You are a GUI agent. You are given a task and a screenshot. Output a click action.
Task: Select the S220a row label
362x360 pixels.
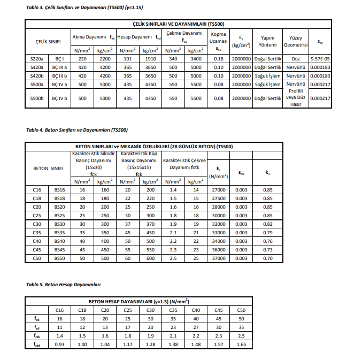[36, 58]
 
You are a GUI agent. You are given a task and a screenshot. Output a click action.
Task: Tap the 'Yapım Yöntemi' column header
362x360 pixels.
[268, 41]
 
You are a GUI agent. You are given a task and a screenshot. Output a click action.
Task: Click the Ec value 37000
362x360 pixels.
[219, 258]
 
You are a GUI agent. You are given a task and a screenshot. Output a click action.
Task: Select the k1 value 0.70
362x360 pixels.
[267, 258]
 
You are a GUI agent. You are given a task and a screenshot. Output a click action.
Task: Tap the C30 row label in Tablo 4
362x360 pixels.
[37, 224]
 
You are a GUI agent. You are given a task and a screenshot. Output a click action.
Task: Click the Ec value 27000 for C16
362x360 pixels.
[219, 190]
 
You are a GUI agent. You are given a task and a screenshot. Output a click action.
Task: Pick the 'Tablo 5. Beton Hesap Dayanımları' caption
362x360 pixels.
[64, 284]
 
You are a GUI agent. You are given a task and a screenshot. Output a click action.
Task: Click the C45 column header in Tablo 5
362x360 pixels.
[218, 310]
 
